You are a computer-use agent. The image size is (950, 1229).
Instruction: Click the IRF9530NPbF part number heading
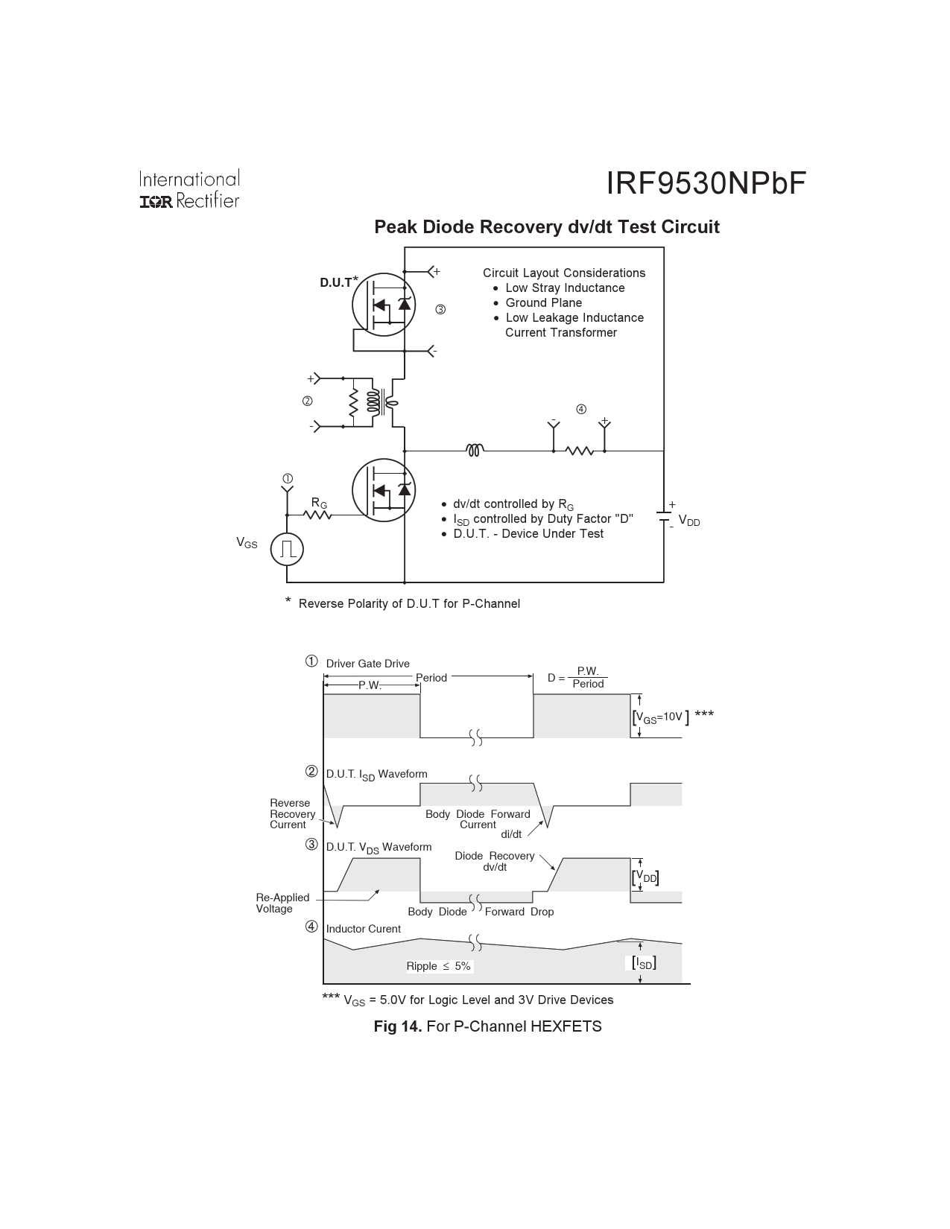pyautogui.click(x=706, y=184)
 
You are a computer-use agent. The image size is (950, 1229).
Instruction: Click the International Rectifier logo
pyautogui.click(x=189, y=190)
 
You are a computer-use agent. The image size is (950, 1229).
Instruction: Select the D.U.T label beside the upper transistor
pyautogui.click(x=336, y=283)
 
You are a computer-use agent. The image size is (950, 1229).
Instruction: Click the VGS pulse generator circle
pyautogui.click(x=288, y=549)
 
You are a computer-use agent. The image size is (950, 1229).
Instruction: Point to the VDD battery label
pyautogui.click(x=689, y=521)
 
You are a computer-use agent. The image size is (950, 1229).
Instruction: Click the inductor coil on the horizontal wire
pyautogui.click(x=475, y=450)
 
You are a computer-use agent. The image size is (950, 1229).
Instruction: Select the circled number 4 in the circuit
pyautogui.click(x=581, y=409)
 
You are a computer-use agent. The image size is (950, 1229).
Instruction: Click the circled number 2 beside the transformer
pyautogui.click(x=307, y=401)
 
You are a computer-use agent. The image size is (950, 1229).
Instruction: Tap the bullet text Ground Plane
pyautogui.click(x=543, y=302)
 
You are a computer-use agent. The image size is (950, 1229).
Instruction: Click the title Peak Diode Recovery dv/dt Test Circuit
pyautogui.click(x=546, y=227)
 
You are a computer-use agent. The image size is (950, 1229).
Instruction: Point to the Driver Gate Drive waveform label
pyautogui.click(x=367, y=664)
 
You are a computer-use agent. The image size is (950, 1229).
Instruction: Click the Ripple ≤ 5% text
pyautogui.click(x=438, y=966)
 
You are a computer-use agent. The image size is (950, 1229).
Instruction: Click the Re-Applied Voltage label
pyautogui.click(x=282, y=903)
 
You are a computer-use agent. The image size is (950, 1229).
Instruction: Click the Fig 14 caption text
pyautogui.click(x=487, y=1026)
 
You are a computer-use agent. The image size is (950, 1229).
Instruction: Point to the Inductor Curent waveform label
pyautogui.click(x=363, y=929)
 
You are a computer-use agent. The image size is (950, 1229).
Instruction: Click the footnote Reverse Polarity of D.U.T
pyautogui.click(x=408, y=603)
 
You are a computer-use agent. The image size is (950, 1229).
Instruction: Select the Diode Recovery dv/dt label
pyautogui.click(x=494, y=862)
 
